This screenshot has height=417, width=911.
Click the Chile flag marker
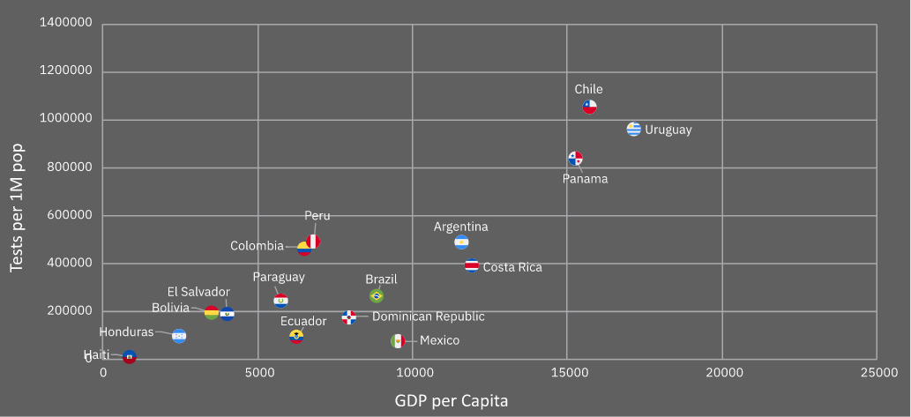589,108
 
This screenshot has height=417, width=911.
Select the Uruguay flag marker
633,130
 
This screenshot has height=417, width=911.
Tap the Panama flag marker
575,159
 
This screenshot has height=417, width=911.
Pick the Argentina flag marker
461,242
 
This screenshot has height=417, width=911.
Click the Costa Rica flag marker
472,265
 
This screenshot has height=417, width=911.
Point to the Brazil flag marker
377,296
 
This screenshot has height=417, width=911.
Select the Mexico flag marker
398,341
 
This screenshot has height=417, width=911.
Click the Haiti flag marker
130,357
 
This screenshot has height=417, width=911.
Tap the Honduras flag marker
179,336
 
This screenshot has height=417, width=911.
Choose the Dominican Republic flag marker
349,317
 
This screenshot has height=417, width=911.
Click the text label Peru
317,216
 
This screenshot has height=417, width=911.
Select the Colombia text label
257,246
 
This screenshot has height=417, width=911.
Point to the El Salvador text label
198,292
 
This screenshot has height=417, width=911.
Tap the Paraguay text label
279,277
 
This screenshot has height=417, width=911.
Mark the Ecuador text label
303,321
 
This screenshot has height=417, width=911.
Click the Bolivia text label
170,308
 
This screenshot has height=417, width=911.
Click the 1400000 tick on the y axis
66,25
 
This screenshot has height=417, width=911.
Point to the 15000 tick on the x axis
567,374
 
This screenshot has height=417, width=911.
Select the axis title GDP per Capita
452,401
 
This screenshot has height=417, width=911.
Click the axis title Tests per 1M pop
17,208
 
